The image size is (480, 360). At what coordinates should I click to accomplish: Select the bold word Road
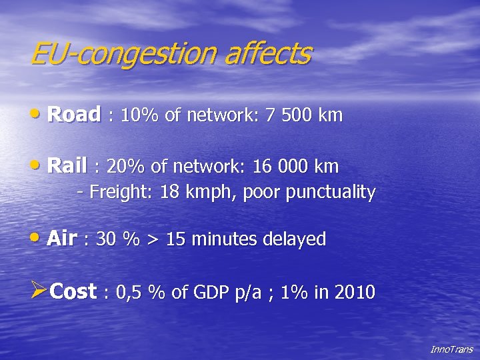(x=74, y=115)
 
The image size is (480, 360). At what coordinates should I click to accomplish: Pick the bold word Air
(x=62, y=239)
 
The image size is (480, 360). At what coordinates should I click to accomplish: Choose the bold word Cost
(x=73, y=291)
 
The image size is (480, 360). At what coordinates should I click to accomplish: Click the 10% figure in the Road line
(x=138, y=115)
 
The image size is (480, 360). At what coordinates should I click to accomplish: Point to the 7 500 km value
(x=303, y=115)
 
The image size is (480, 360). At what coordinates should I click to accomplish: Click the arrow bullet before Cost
(x=39, y=291)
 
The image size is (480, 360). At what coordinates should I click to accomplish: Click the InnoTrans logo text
(x=451, y=349)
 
